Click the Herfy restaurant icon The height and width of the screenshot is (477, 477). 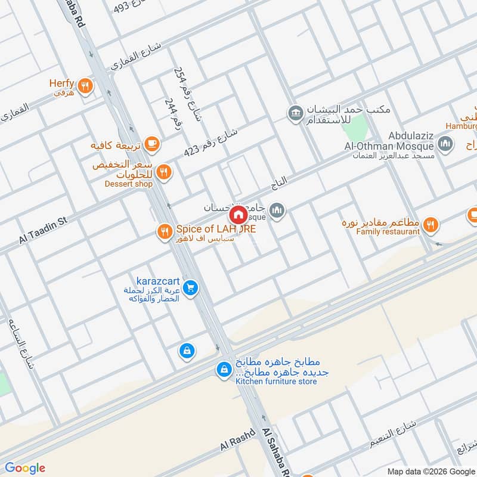(x=86, y=86)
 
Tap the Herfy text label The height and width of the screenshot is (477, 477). (x=61, y=85)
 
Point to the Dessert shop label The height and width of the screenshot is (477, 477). (x=129, y=184)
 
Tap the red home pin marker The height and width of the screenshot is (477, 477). (x=238, y=215)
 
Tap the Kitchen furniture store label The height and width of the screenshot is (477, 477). (x=276, y=382)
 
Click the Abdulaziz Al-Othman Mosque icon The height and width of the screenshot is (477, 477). (x=445, y=143)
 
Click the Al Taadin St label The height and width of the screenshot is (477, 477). (x=43, y=230)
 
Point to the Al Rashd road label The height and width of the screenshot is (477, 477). (x=237, y=442)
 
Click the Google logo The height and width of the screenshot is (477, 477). (x=25, y=468)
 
